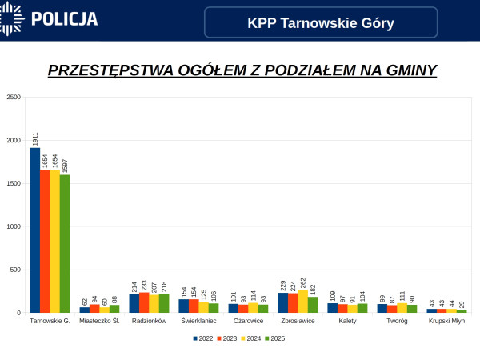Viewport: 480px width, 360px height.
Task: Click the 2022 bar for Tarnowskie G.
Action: click(x=35, y=230)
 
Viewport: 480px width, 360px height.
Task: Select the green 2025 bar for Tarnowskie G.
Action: click(x=65, y=243)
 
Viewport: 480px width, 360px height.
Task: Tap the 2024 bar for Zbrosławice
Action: click(x=302, y=301)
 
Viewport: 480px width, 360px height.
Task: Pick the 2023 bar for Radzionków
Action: click(x=144, y=302)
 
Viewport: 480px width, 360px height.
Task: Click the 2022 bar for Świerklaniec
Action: click(x=184, y=306)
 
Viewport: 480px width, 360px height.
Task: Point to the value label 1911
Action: click(x=35, y=138)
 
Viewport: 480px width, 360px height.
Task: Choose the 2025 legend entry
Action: click(x=275, y=338)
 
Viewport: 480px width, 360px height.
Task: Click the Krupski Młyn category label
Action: click(x=446, y=321)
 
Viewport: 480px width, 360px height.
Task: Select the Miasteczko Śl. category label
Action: click(x=100, y=321)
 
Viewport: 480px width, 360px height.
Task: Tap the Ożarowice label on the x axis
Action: click(x=249, y=321)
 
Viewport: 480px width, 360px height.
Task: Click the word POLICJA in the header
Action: click(x=64, y=19)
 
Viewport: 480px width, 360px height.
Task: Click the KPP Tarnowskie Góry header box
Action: click(x=321, y=22)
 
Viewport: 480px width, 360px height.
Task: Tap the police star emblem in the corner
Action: click(x=10, y=18)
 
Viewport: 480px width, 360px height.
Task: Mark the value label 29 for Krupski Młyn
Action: click(x=462, y=304)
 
